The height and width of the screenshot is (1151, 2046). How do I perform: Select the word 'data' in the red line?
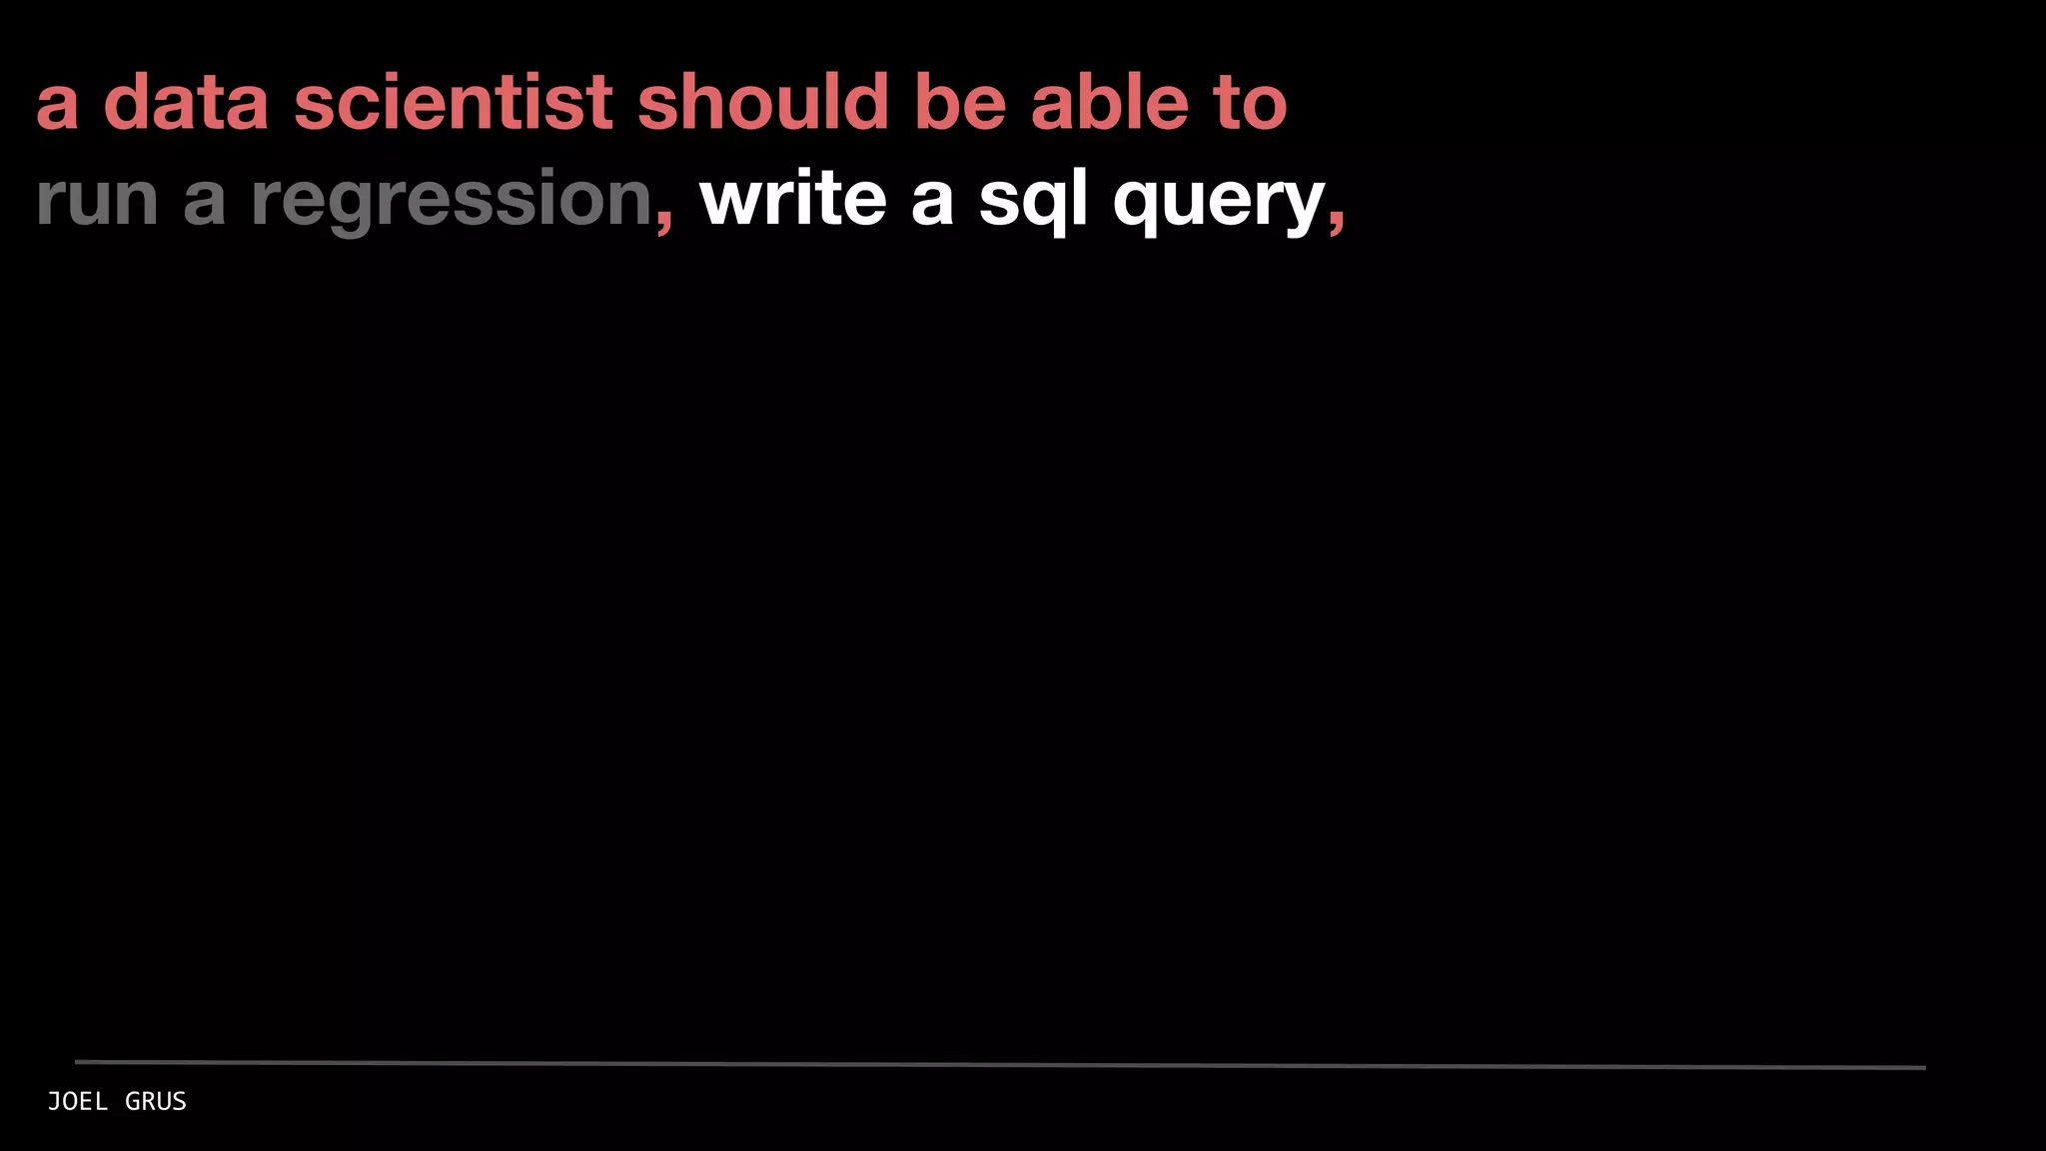(186, 102)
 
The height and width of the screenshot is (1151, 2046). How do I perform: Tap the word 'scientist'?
(453, 102)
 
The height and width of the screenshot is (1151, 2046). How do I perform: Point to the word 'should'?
(763, 102)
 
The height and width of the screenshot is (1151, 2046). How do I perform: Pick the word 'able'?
(1110, 102)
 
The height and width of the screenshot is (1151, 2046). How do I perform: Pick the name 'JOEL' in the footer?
(78, 1101)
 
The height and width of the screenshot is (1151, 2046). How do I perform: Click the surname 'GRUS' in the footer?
(156, 1101)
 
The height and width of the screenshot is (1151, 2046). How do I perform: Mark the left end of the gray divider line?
(78, 1061)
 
